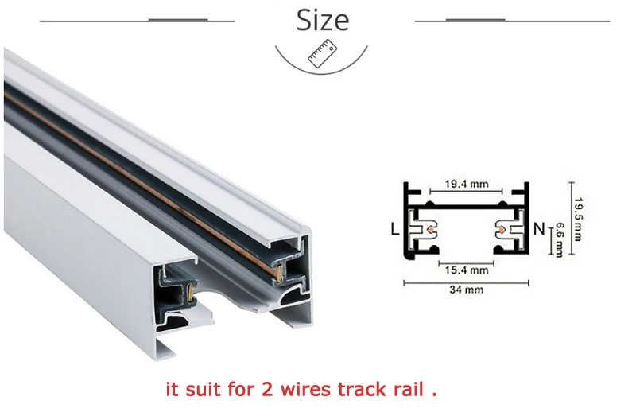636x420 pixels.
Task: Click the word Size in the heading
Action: (323, 19)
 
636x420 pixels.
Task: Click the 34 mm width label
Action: (466, 290)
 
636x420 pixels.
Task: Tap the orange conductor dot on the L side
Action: (430, 231)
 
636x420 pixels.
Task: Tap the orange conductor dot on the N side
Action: (502, 231)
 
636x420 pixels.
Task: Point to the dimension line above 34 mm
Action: (466, 282)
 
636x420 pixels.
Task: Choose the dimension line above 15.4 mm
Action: (466, 262)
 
